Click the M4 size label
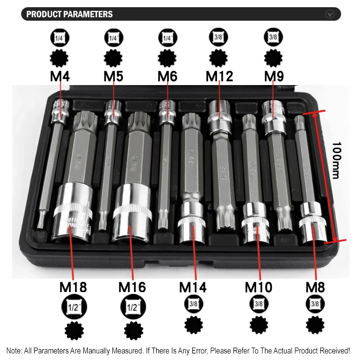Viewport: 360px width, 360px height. [59, 76]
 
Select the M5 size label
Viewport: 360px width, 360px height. [113, 76]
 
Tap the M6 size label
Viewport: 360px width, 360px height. [167, 76]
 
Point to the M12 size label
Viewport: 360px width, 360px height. [220, 76]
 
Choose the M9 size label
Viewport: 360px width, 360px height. [274, 76]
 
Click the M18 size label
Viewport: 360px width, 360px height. [73, 287]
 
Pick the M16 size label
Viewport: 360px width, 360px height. [132, 287]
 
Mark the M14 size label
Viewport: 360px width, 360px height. [193, 287]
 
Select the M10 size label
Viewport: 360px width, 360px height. [259, 287]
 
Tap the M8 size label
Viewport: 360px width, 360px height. [315, 287]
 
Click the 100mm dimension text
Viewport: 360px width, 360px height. [337, 161]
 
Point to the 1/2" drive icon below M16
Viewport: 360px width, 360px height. [133, 308]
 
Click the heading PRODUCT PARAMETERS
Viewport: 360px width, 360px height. [69, 14]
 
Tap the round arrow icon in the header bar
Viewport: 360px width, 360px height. [330, 14]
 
